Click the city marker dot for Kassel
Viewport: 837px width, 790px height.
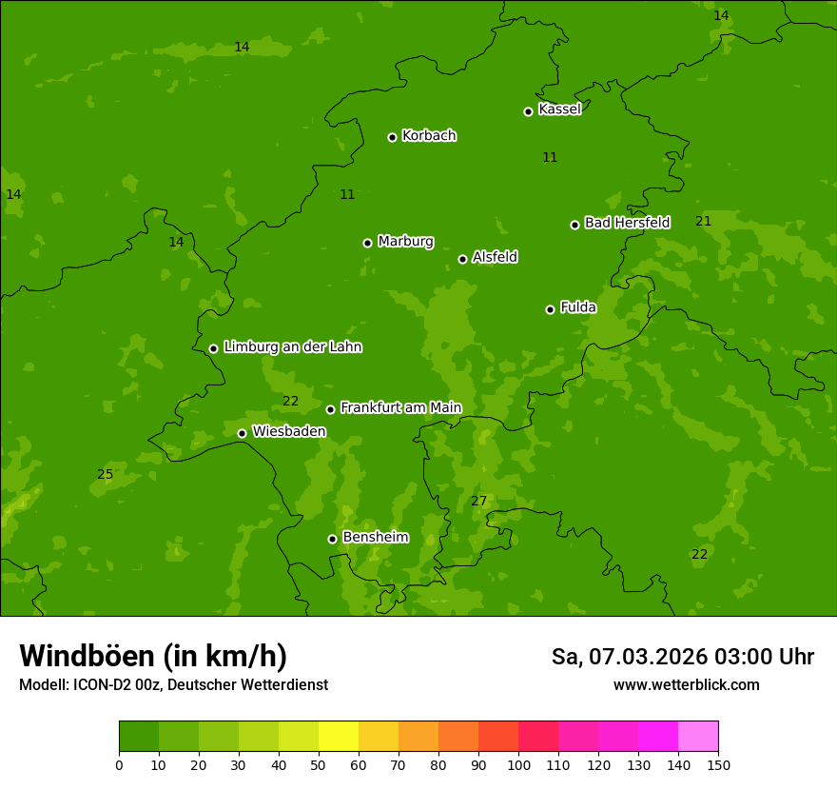(528, 111)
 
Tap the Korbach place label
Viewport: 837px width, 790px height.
(429, 136)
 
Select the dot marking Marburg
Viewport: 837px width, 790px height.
(367, 243)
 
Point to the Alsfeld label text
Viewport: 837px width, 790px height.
(495, 257)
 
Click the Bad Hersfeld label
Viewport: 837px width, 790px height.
(627, 223)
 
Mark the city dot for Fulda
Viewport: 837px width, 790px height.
(550, 309)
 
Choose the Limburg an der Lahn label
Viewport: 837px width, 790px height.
(292, 346)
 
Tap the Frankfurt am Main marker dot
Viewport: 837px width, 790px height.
(330, 409)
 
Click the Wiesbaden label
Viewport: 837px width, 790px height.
(288, 431)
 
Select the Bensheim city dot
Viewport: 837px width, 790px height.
(332, 539)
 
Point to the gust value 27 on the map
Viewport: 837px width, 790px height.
(478, 501)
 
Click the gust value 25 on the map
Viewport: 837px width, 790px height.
(105, 474)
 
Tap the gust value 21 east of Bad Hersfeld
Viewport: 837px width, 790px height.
(703, 221)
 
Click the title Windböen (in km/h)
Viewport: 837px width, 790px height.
(153, 656)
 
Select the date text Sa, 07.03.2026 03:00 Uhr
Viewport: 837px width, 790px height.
(682, 657)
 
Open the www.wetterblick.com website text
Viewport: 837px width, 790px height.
(686, 685)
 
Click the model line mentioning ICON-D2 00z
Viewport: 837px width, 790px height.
(173, 685)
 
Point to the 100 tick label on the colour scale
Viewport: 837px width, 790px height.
(518, 764)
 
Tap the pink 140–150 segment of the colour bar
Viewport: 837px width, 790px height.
(698, 737)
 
